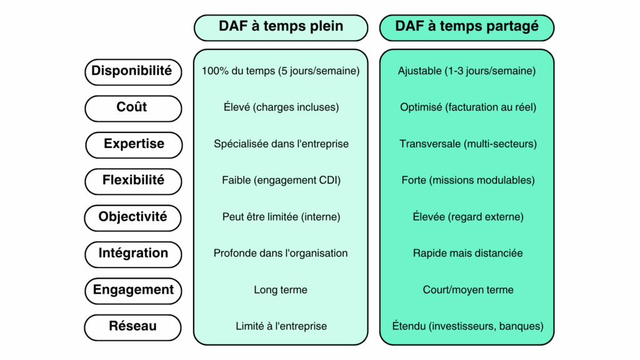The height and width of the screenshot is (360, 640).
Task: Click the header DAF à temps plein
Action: click(281, 26)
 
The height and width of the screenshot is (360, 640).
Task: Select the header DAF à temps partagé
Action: click(466, 26)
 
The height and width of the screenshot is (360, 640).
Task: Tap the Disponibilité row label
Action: click(132, 71)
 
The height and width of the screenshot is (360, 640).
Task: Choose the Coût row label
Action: click(132, 107)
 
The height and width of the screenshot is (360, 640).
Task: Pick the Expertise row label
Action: click(134, 144)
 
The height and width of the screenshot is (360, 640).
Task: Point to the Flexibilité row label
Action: click(133, 181)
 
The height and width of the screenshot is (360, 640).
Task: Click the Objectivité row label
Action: click(132, 217)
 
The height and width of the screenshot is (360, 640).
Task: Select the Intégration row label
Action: click(132, 254)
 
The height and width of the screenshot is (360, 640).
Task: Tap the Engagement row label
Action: click(133, 291)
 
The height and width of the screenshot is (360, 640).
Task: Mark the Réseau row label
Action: click(132, 327)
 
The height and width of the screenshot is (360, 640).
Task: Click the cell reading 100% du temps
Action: click(281, 71)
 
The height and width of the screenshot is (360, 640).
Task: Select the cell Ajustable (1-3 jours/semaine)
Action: click(467, 71)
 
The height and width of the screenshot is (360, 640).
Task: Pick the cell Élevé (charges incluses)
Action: click(281, 107)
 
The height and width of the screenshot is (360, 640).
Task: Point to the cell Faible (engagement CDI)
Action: click(281, 181)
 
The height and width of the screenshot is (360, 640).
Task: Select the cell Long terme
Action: click(281, 290)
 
